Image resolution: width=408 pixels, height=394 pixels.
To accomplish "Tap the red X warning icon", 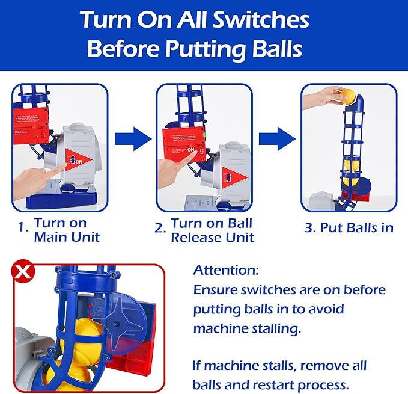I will (23, 271).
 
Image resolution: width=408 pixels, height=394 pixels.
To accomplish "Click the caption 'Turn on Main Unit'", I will (60, 230).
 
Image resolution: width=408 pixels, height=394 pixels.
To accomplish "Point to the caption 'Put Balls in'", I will (357, 227).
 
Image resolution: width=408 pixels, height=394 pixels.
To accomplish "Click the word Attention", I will (225, 271).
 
